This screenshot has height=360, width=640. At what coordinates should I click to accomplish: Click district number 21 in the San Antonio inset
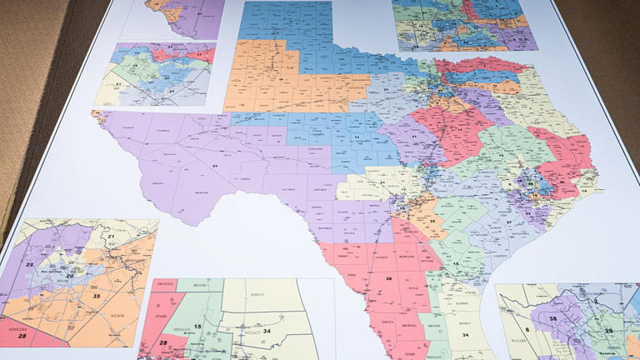tap(110, 238)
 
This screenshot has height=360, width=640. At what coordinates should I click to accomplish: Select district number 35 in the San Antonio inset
tap(97, 296)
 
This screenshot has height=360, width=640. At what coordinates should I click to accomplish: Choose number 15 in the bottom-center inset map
tap(197, 326)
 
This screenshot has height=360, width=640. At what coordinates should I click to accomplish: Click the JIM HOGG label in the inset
tap(164, 285)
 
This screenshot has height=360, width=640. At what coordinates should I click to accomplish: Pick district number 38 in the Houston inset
tap(552, 318)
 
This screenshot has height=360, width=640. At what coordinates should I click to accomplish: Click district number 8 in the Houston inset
tap(504, 330)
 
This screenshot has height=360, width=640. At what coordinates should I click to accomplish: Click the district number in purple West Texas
tap(214, 167)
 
